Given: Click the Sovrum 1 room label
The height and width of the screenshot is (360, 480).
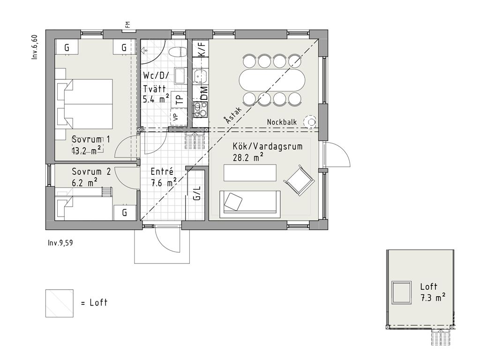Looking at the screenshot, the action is coord(90,140).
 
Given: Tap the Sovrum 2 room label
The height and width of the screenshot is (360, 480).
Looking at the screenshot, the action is coord(91,171).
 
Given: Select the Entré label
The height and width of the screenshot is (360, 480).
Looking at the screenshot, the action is coord(162,172).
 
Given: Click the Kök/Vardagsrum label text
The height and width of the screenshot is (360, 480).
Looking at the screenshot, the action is coord(268,146).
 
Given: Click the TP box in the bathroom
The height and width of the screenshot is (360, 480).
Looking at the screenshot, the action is coord(180,99).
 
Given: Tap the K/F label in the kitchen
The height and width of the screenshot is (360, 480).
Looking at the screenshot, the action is coord(202,48).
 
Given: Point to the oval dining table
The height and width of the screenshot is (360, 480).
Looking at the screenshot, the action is coord(272,80).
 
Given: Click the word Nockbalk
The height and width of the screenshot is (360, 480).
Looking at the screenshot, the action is coord(282,122).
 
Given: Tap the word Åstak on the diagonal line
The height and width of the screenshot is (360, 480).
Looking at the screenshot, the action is coord(232,115).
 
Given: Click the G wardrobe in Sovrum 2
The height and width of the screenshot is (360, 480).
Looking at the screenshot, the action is coord(125,212).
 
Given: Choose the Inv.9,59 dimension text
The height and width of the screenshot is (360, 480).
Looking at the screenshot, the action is coord(60,243).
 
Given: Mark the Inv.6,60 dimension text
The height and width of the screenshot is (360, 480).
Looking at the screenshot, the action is coord(35,47).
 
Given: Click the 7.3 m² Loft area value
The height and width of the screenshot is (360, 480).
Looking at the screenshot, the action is coord(433,297).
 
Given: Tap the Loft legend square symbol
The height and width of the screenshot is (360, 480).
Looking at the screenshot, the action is coord(60,303).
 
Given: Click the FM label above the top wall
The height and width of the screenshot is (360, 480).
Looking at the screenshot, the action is coord(127,24).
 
